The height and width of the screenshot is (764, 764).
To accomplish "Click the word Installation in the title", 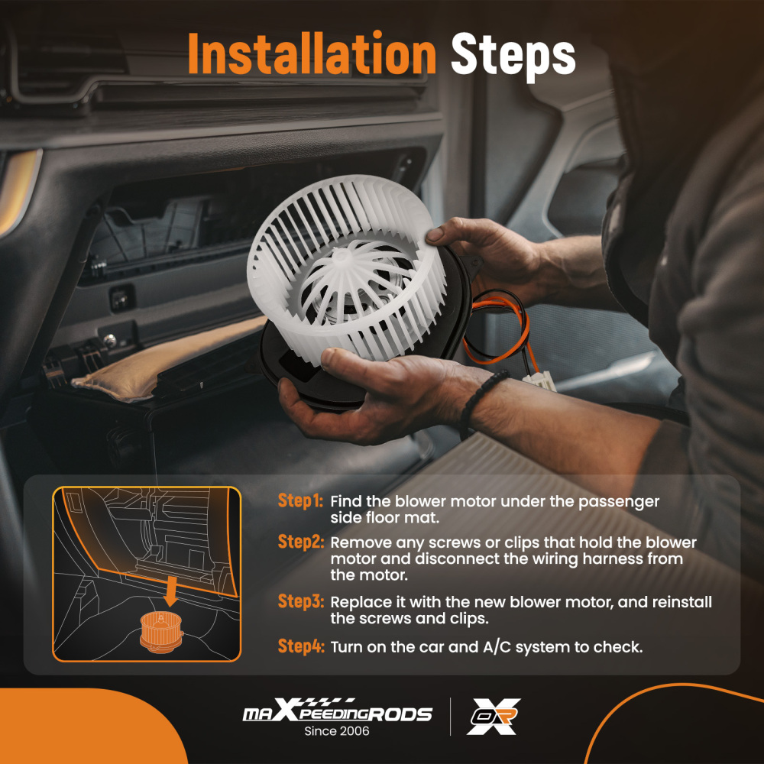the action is pyautogui.click(x=312, y=53).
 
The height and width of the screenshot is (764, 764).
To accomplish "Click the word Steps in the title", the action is pyautogui.click(x=513, y=56).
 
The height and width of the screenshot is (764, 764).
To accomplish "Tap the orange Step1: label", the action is pyautogui.click(x=300, y=501).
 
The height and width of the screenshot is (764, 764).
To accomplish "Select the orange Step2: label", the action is pyautogui.click(x=300, y=542).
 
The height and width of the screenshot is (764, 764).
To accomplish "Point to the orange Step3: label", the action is pyautogui.click(x=300, y=601).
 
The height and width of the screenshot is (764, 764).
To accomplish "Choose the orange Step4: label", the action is pyautogui.click(x=300, y=646).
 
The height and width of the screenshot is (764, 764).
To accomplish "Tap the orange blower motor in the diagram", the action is pyautogui.click(x=161, y=632).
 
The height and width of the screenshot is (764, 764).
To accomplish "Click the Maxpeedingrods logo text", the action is pyautogui.click(x=337, y=711).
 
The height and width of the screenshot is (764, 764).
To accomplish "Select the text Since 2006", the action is pyautogui.click(x=337, y=731).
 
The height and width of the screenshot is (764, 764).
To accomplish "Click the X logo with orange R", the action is pyautogui.click(x=493, y=717).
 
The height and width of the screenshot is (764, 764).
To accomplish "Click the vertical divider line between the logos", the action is pyautogui.click(x=450, y=717).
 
